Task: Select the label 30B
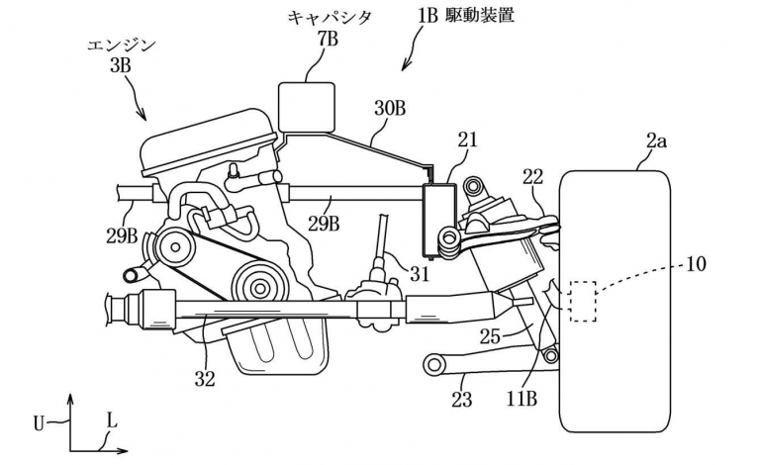point(389,109)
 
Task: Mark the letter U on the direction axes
point(39,422)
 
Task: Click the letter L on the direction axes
point(111,420)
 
